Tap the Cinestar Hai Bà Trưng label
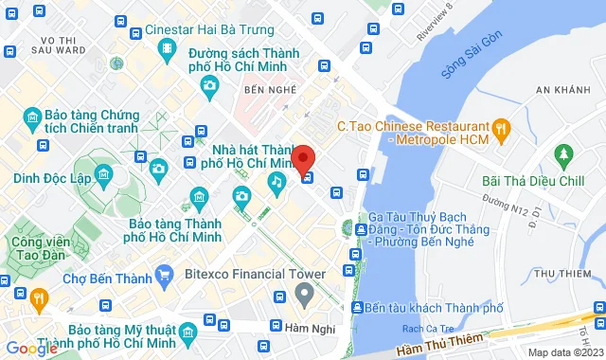(x=214, y=30)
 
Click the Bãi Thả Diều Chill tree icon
(x=564, y=153)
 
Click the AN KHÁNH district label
(x=566, y=90)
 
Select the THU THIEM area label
(x=569, y=274)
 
